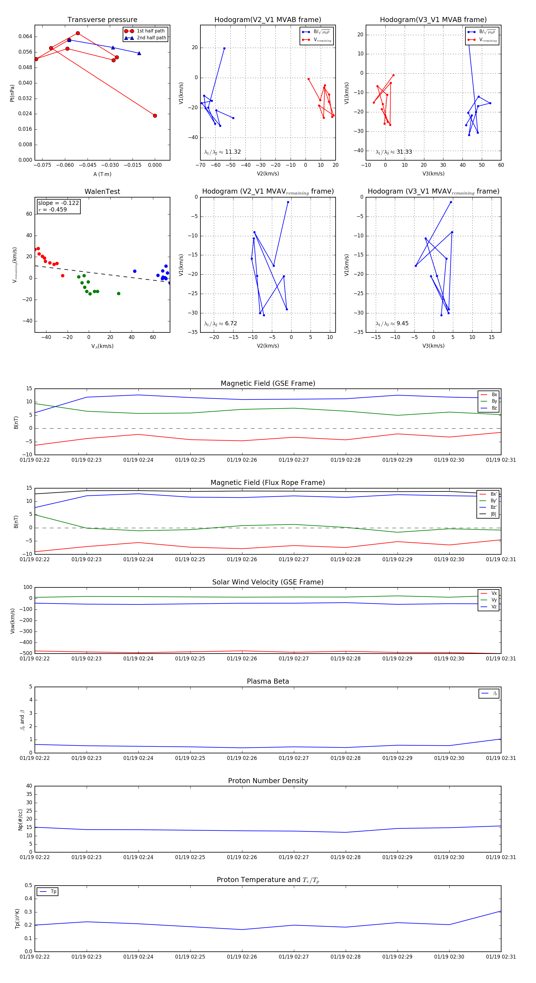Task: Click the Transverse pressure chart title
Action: [102, 20]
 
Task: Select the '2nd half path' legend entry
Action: [151, 38]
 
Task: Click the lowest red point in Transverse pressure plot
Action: [155, 116]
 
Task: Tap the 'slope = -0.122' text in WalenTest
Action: [58, 203]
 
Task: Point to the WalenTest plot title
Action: [102, 192]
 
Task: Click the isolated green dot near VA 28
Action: [119, 293]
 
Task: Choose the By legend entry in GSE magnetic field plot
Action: [494, 401]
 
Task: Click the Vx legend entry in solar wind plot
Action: [494, 593]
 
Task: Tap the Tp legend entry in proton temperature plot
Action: [53, 892]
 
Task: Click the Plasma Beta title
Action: [268, 681]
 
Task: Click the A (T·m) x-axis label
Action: [102, 174]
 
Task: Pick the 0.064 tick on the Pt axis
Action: [25, 37]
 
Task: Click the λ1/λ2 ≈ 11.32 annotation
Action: [222, 152]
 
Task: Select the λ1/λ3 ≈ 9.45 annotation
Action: [392, 323]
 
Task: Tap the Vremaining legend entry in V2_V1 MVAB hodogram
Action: [322, 40]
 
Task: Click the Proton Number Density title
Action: [268, 781]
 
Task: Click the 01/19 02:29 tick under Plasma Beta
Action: [397, 758]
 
